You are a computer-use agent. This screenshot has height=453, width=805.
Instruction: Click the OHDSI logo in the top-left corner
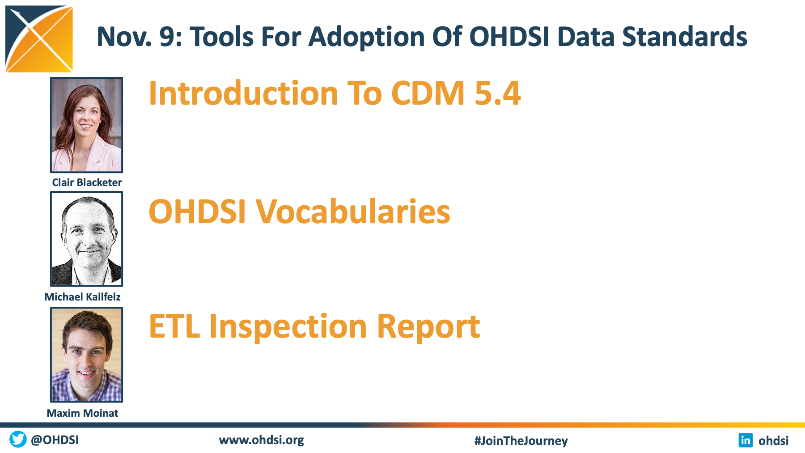[x=39, y=39]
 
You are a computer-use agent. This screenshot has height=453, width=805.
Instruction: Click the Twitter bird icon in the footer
[x=18, y=439]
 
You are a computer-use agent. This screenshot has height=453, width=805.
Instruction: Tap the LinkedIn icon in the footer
[x=746, y=440]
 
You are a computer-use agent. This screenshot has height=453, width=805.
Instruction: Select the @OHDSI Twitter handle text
[x=55, y=440]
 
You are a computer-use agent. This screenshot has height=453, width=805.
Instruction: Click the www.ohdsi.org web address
[x=262, y=440]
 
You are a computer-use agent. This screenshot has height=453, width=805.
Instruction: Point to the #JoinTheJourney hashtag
[x=521, y=440]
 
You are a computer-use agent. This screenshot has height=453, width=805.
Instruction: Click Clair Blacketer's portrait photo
[x=86, y=125]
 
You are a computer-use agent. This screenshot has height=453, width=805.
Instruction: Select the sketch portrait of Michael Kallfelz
[x=86, y=239]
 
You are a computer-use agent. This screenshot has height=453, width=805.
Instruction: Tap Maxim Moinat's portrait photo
[x=86, y=355]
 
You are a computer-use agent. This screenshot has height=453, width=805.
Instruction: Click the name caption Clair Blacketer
[x=87, y=182]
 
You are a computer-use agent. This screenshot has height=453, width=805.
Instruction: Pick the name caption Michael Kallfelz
[x=83, y=297]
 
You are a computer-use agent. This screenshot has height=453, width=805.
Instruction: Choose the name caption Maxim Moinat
[x=83, y=413]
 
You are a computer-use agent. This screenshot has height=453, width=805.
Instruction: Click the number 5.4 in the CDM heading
[x=498, y=93]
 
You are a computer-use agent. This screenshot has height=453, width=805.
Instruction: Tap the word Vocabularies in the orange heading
[x=353, y=212]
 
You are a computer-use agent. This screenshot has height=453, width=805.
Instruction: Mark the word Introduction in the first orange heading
[x=244, y=93]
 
